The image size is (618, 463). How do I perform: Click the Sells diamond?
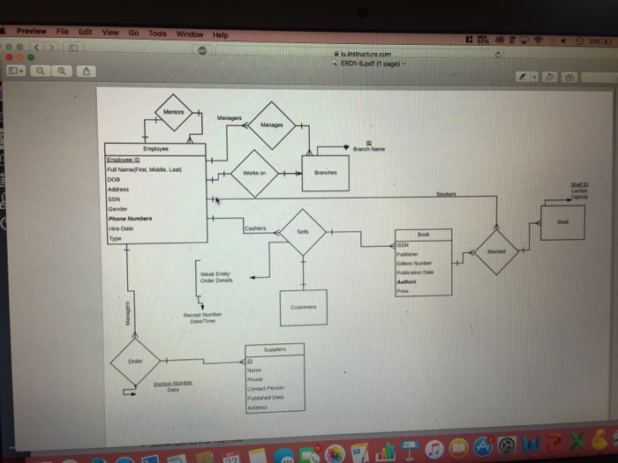coord(304,232)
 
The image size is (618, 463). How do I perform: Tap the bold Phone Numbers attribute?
coord(130,217)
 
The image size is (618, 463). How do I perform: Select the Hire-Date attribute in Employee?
coord(121,227)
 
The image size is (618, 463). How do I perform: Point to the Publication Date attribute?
coord(418,273)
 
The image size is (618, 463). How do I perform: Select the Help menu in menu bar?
coord(219,34)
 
